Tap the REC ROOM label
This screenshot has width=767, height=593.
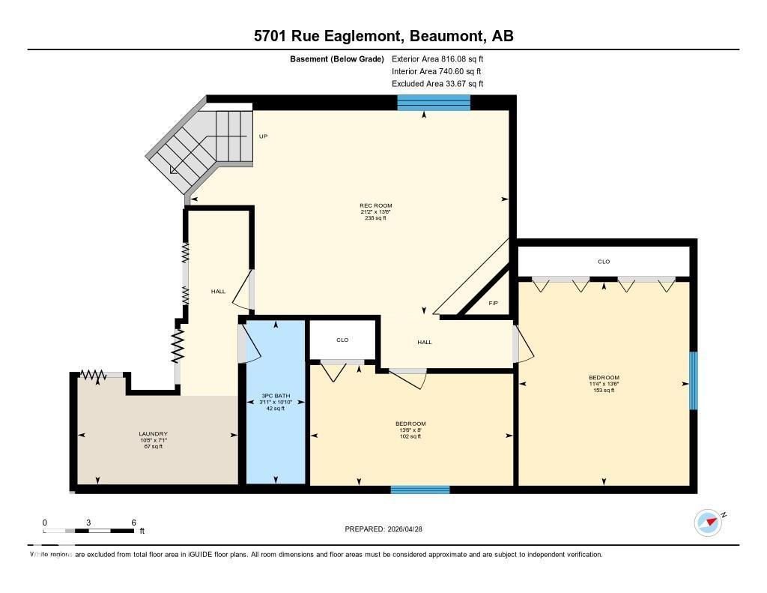click(x=376, y=205)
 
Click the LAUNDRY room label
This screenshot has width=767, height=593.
click(x=153, y=434)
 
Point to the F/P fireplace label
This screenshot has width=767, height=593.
click(x=493, y=304)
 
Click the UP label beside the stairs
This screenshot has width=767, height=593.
click(x=263, y=136)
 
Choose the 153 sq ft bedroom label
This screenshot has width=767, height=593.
click(x=604, y=378)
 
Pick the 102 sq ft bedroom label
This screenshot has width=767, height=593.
click(x=410, y=424)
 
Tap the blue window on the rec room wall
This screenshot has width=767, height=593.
click(x=434, y=103)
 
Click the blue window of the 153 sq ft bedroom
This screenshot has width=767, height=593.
click(x=693, y=381)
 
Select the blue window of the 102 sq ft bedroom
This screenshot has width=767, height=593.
click(x=420, y=490)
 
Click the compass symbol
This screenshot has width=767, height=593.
click(x=708, y=523)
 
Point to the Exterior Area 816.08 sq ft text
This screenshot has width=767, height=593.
click(x=443, y=58)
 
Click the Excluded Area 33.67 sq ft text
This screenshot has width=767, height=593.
click(x=437, y=84)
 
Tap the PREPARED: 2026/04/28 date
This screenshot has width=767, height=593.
click(x=384, y=529)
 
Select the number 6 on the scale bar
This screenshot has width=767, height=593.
click(x=133, y=523)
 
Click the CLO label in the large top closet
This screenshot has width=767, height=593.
click(x=604, y=262)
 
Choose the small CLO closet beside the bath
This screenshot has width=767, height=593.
click(x=342, y=340)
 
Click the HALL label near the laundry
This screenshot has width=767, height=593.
click(x=218, y=291)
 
